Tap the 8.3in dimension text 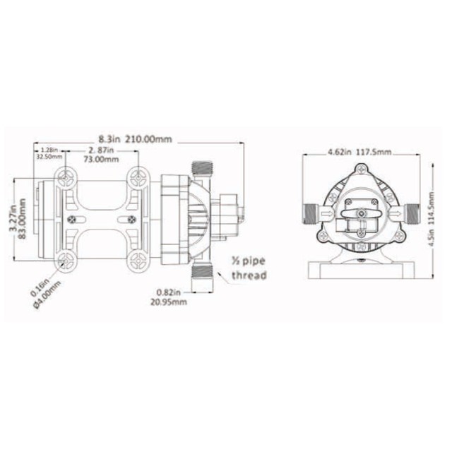tap(112, 140)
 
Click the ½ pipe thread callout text tap(249, 269)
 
